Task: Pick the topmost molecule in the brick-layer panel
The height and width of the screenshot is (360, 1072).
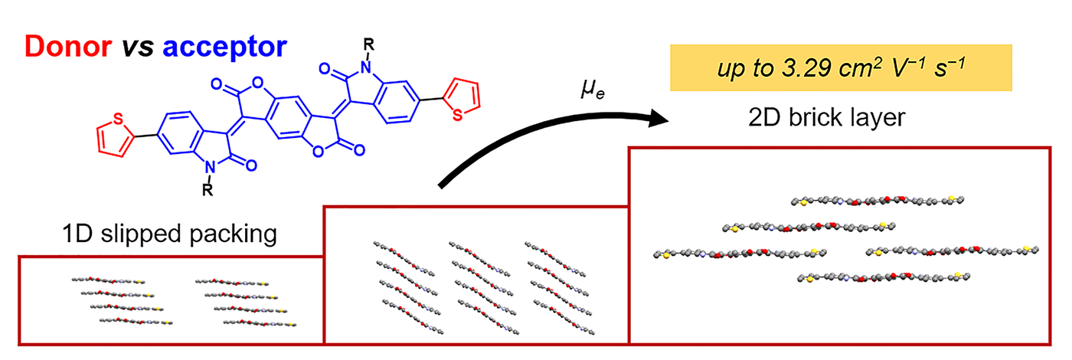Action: pyautogui.click(x=877, y=201)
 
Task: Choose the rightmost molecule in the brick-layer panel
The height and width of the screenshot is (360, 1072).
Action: pyautogui.click(x=953, y=250)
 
